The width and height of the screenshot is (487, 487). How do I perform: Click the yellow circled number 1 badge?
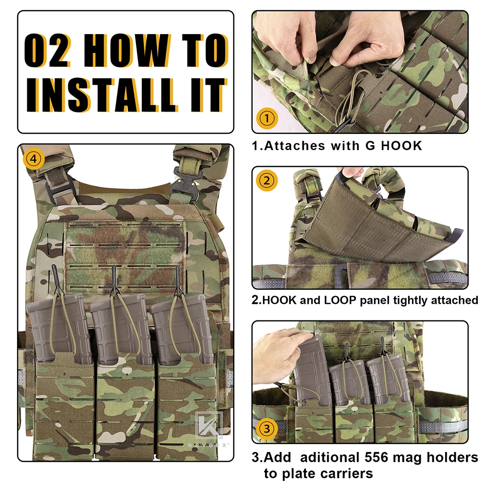[x=267, y=118]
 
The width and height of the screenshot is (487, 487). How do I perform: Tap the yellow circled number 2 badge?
[x=267, y=181]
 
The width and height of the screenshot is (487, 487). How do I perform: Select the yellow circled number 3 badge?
[x=267, y=429]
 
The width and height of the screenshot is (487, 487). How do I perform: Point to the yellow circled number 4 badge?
[x=33, y=159]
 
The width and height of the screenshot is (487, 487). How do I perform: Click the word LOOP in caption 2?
[x=340, y=300]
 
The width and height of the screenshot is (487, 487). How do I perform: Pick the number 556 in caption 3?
[x=375, y=457]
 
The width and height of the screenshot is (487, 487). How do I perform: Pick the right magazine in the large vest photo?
[x=182, y=329]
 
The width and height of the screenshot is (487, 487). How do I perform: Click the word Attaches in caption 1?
[x=295, y=146]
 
